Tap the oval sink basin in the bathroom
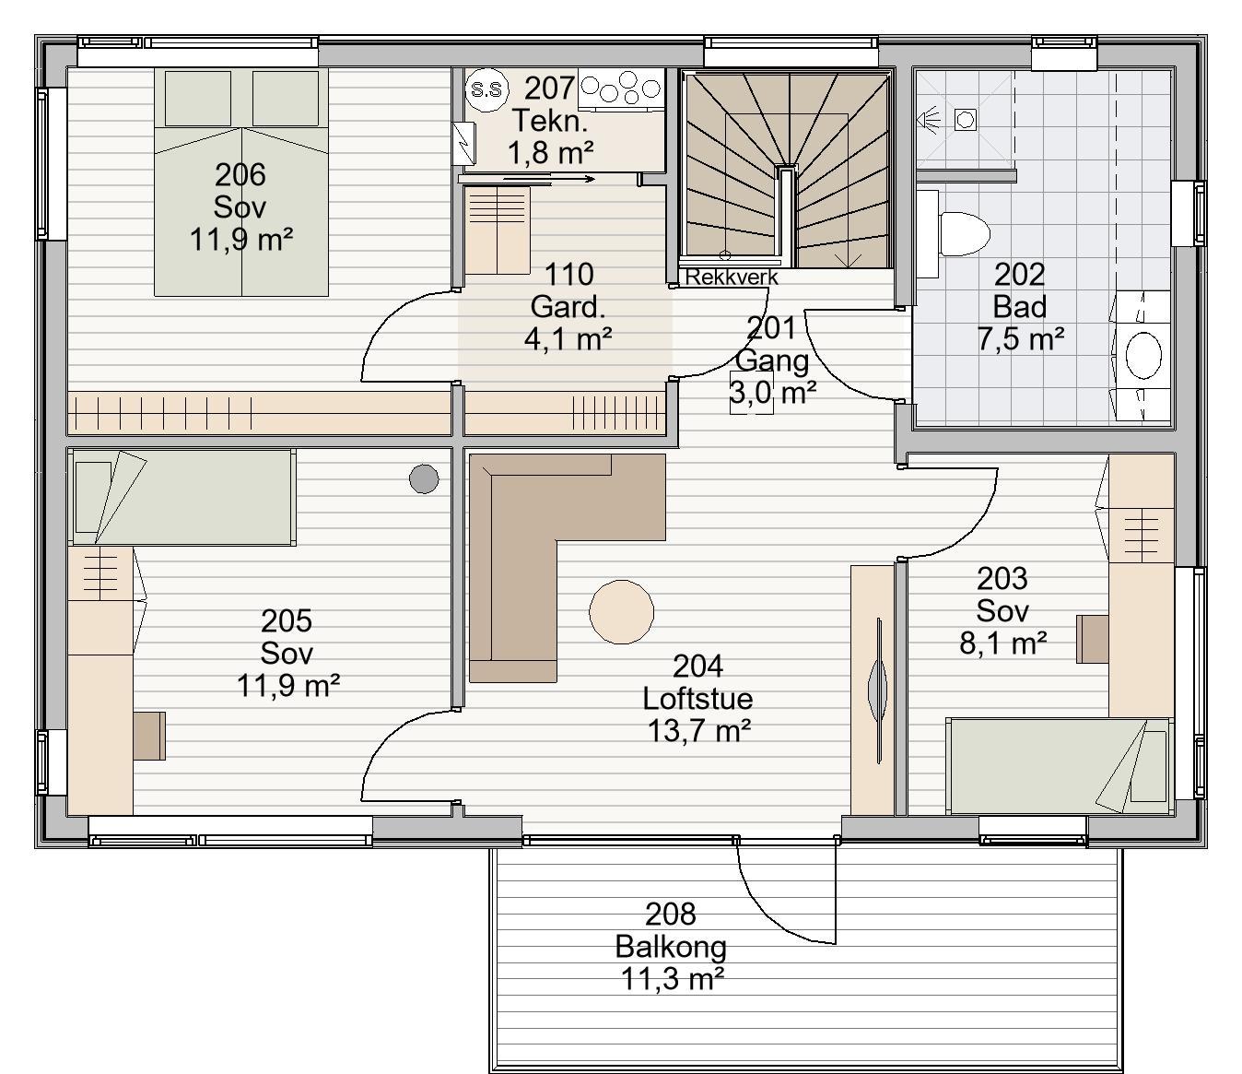pos(1142,356)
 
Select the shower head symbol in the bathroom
pos(928,119)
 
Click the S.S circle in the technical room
pos(486,89)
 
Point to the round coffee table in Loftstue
pos(621,612)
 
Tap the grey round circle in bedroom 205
pos(424,479)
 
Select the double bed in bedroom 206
pos(241,182)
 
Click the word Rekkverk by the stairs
pos(732,277)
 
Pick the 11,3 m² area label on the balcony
pos(672,979)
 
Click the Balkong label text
pos(671,947)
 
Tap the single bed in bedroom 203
pos(1060,766)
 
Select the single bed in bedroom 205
pos(184,497)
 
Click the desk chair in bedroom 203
pos(1092,639)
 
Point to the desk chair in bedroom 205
pos(149,736)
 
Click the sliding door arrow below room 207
pos(548,179)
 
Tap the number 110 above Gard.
pos(569,275)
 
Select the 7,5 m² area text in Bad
pos(1020,339)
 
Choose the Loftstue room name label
pos(697,699)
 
